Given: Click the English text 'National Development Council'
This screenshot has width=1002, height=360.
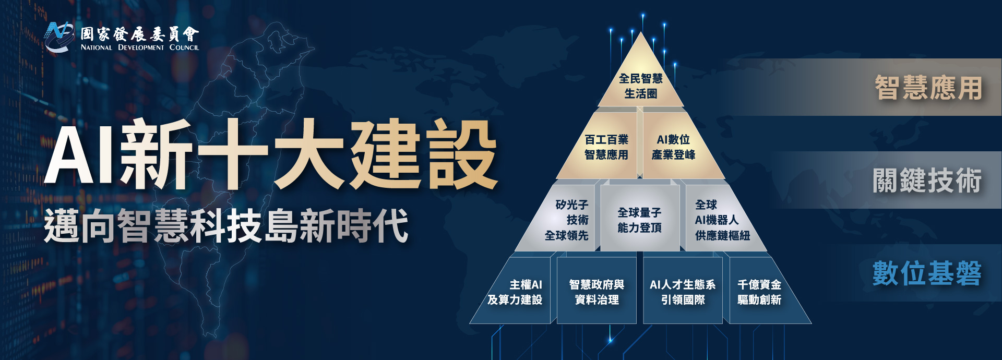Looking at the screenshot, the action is (140, 47).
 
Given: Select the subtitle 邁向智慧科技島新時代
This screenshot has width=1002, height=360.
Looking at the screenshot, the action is (226, 225).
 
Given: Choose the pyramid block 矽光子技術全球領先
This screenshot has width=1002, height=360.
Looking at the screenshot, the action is (561, 219).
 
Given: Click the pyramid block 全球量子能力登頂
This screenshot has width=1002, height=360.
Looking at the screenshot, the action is (640, 219).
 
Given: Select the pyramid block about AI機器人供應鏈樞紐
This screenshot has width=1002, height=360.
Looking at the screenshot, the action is (723, 219).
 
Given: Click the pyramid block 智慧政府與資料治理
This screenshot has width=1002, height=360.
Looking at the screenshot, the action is (597, 291).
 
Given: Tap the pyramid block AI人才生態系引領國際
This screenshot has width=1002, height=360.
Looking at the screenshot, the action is (683, 291).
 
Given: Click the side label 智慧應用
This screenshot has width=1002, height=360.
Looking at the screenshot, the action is (928, 88).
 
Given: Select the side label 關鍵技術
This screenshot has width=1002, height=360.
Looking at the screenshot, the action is (927, 181).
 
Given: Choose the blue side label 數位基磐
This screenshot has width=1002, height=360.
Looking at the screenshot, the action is (927, 273).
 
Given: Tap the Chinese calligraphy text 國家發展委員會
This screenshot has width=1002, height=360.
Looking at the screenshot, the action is (140, 34).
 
